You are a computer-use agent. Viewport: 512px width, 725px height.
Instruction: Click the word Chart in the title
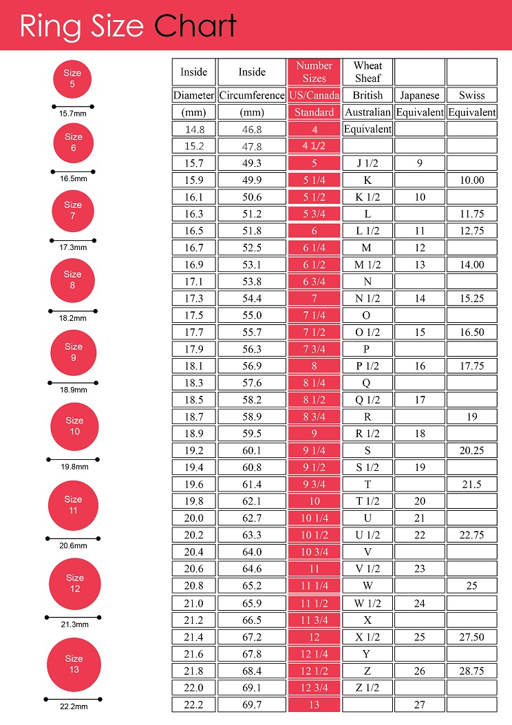[195, 26]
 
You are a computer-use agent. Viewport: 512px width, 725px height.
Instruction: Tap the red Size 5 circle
[72, 78]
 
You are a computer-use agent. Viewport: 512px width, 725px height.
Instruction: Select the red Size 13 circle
[74, 664]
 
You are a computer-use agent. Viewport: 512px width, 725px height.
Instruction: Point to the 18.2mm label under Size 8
[73, 318]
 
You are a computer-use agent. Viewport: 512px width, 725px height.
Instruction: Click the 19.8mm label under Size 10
[74, 467]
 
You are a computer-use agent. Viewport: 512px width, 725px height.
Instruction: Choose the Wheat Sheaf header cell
[367, 72]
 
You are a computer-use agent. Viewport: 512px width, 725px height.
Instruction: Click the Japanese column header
[419, 95]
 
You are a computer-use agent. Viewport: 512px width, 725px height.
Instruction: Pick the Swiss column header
[471, 95]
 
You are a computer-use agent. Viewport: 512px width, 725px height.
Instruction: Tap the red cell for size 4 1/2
[314, 146]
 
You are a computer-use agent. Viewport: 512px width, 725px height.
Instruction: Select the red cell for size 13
[314, 704]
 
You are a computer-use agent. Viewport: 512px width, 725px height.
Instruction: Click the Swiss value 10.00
[471, 180]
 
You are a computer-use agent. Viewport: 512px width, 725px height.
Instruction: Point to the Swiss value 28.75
[471, 671]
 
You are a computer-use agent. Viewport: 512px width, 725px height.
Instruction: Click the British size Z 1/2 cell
[367, 687]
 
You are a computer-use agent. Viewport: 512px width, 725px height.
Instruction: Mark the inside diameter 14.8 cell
[193, 129]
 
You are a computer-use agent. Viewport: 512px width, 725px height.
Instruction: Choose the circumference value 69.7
[251, 704]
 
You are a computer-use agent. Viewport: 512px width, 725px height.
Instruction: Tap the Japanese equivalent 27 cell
[419, 704]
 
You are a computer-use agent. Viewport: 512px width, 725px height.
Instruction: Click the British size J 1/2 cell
[367, 163]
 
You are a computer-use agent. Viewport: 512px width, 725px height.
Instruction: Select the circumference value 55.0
[251, 315]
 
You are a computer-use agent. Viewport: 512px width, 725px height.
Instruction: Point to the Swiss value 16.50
[471, 332]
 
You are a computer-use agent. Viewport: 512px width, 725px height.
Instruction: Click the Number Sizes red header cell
[314, 72]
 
